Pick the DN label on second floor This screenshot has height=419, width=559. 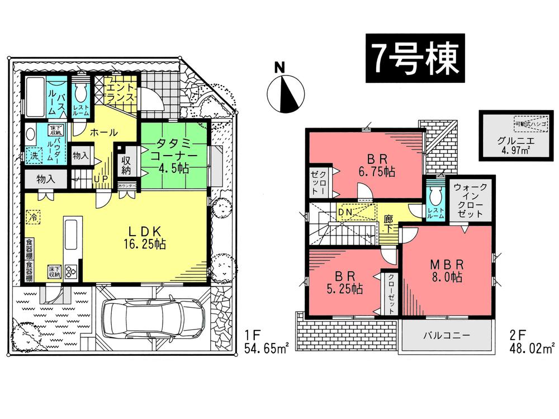pos(345,213)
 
